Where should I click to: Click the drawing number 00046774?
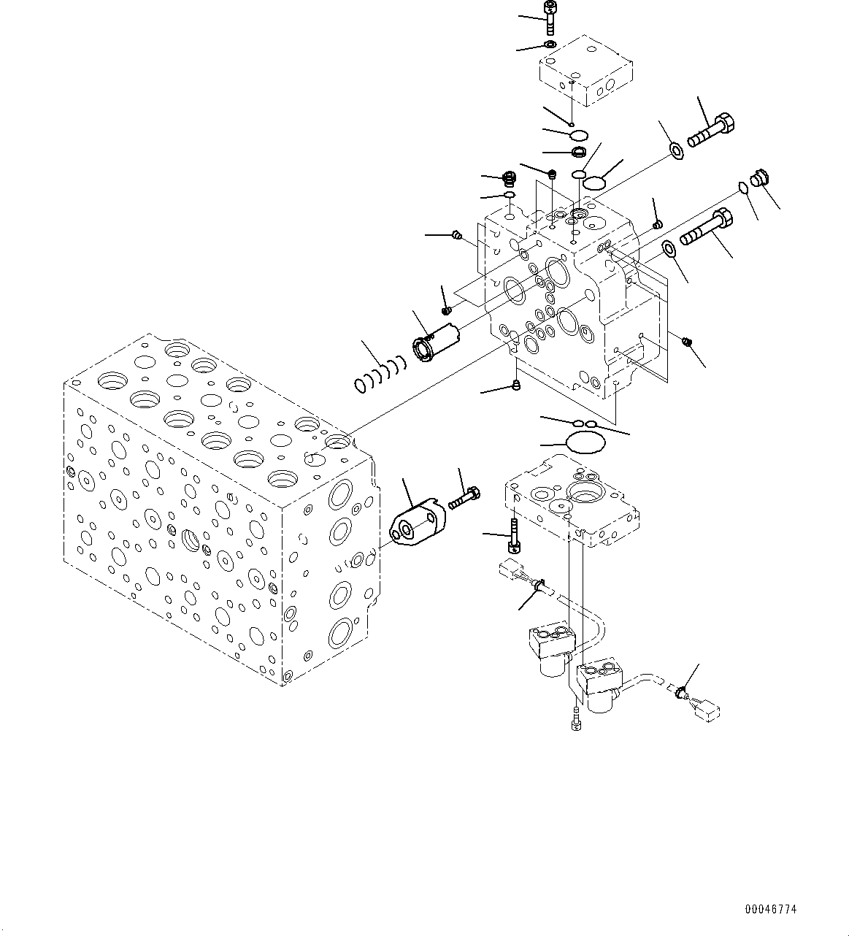tap(770, 909)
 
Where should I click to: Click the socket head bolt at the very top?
tap(550, 17)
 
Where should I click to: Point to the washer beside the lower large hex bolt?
tap(669, 250)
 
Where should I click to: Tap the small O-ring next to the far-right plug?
tap(743, 188)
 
